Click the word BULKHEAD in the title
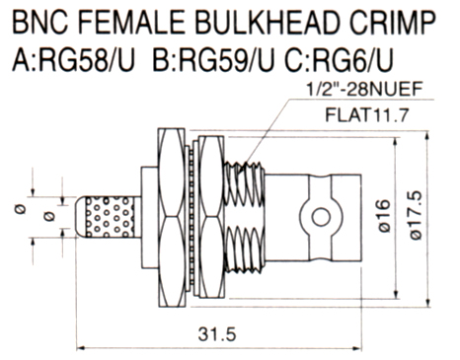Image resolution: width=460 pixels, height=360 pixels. click(x=268, y=23)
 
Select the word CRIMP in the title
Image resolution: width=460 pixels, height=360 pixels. click(x=392, y=23)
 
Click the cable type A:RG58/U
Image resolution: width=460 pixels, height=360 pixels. click(x=73, y=61)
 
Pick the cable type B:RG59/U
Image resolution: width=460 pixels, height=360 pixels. click(x=213, y=61)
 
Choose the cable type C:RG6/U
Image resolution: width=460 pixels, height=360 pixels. click(x=339, y=61)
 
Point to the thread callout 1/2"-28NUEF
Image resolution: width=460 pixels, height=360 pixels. click(x=364, y=90)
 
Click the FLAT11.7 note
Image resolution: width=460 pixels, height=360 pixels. click(x=367, y=115)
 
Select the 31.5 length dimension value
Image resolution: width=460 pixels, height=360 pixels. click(x=217, y=334)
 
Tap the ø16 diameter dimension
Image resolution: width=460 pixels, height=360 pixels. click(x=384, y=216)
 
